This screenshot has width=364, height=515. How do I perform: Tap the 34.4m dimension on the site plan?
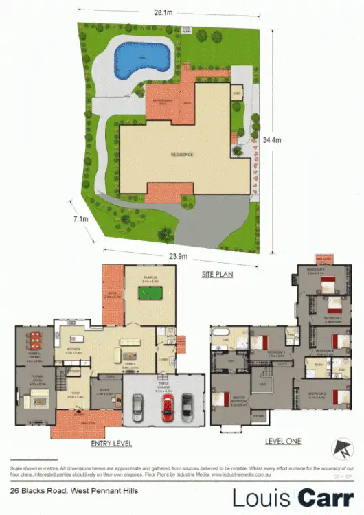coord(275,140)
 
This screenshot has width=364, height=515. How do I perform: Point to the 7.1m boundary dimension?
coord(80,220)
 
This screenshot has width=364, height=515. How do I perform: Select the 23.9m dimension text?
coord(180,256)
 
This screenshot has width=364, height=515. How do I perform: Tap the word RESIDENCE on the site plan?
coord(181,154)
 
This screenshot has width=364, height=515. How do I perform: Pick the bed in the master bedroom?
coord(221,399)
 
